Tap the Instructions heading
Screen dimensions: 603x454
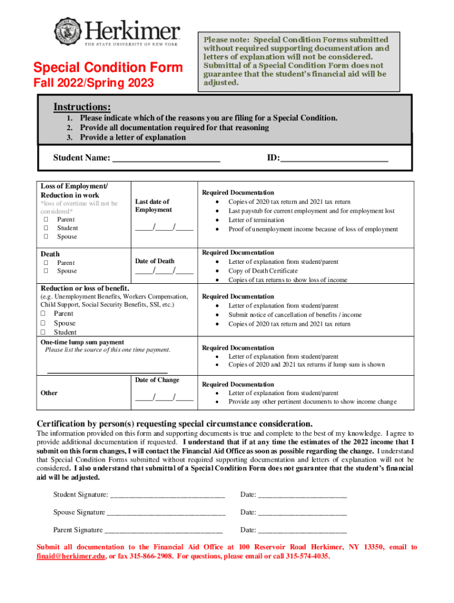[x=82, y=107]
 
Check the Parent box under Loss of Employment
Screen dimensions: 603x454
[x=45, y=220]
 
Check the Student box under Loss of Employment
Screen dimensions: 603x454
[x=45, y=228]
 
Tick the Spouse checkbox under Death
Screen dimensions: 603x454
[x=45, y=271]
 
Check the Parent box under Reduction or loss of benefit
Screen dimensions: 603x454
[x=42, y=314]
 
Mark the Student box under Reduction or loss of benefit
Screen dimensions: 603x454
[x=42, y=333]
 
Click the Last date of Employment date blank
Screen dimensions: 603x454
[x=164, y=229]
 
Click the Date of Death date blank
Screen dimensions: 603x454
[x=164, y=272]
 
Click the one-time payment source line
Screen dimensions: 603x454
[x=107, y=372]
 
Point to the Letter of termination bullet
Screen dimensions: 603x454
[x=256, y=220]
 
